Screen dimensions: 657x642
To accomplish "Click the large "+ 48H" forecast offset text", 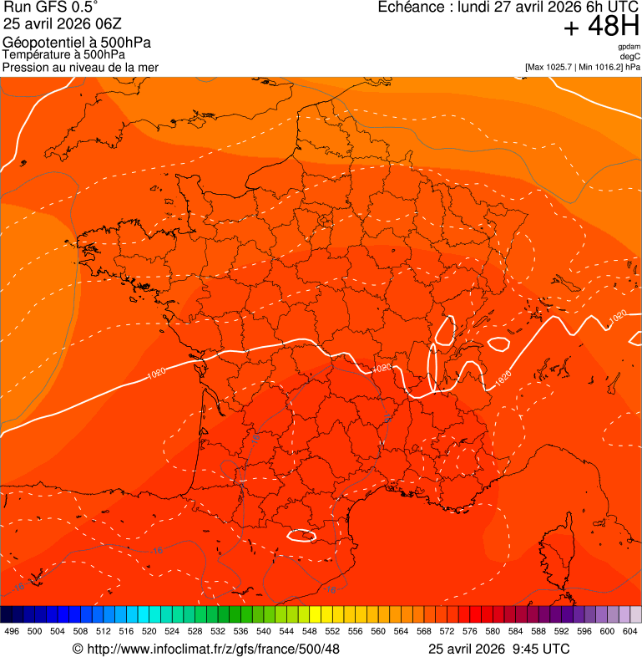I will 601,27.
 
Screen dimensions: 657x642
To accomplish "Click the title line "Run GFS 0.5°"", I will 51,8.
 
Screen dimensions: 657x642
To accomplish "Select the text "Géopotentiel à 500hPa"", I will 77,43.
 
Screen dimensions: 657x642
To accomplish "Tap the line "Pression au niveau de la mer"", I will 80,67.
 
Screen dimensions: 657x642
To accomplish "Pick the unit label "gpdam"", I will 629,47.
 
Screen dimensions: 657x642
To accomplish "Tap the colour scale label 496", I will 12,631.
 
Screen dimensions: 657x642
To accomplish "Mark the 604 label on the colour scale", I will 630,631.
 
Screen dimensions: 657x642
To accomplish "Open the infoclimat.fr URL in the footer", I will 213,649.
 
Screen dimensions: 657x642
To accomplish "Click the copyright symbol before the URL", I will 78,649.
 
